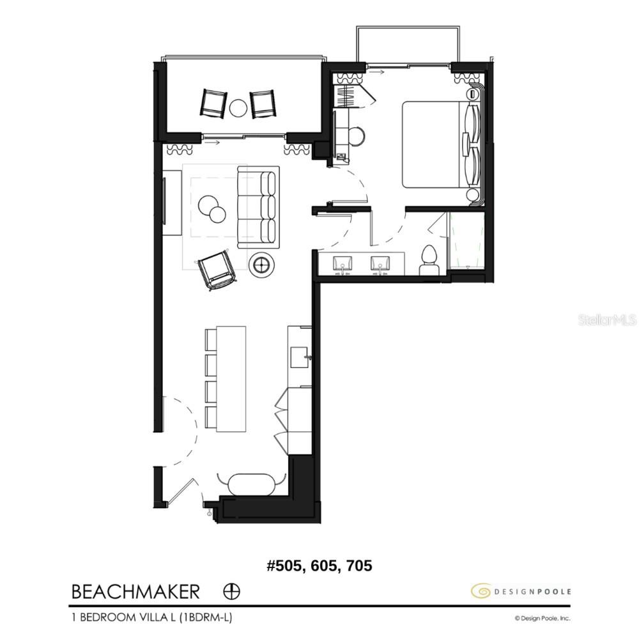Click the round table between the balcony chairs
click(238, 107)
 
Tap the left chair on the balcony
click(213, 103)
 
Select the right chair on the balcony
click(263, 103)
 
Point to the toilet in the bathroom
click(429, 259)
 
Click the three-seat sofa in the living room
click(258, 207)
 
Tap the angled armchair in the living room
click(217, 270)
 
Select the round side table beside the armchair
click(261, 263)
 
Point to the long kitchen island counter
click(231, 379)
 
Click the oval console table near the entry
click(250, 484)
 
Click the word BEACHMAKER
click(135, 592)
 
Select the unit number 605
click(319, 566)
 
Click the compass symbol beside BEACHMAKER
click(232, 592)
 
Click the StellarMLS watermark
click(607, 319)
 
